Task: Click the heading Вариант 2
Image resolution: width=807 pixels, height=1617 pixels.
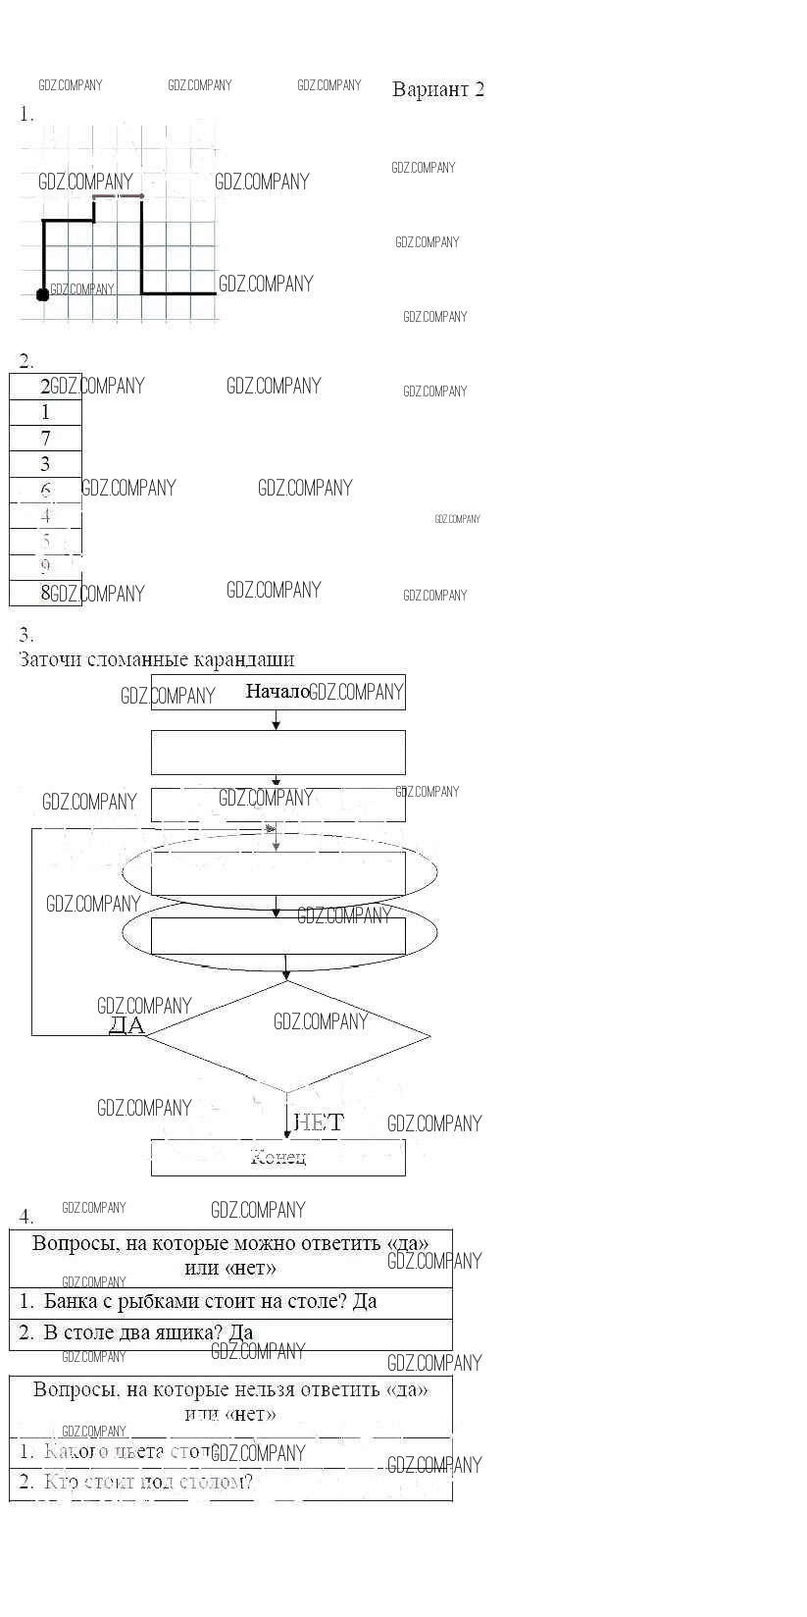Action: click(437, 89)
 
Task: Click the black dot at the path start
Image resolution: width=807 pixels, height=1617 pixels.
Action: click(42, 294)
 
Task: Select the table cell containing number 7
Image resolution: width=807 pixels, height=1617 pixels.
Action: click(45, 439)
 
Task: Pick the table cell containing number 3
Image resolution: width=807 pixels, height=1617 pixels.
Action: click(45, 464)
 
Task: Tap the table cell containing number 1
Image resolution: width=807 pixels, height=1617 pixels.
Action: click(45, 412)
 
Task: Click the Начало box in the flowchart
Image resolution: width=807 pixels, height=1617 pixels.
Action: click(277, 692)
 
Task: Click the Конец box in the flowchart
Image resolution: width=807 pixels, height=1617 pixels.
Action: click(277, 1158)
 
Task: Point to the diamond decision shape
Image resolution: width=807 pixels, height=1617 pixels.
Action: click(286, 1036)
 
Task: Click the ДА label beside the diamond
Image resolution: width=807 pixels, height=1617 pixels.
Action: click(126, 1026)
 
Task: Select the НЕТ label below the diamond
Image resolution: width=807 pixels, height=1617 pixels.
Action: click(319, 1122)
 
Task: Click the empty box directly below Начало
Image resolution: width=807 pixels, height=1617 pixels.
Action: click(277, 753)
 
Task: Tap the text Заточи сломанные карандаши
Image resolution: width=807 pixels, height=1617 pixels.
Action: click(157, 659)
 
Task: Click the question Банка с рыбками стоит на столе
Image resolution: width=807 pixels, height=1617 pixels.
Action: click(211, 1302)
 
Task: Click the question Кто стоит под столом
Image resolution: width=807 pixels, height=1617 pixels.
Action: click(147, 1482)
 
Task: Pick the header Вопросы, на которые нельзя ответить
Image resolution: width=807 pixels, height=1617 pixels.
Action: click(230, 1401)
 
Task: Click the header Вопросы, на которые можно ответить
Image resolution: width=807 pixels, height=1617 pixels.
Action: click(230, 1255)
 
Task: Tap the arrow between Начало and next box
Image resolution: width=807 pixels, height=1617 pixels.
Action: click(277, 720)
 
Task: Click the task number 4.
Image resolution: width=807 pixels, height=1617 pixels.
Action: click(26, 1218)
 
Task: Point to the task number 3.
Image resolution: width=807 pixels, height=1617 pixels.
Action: click(26, 635)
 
